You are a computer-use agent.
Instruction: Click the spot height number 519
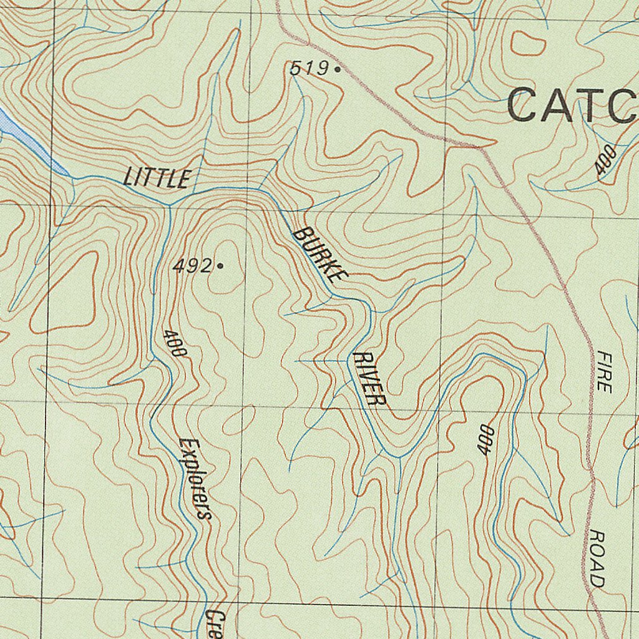click(x=308, y=68)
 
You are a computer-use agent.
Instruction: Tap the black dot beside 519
click(x=338, y=69)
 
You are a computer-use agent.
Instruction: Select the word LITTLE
click(x=157, y=178)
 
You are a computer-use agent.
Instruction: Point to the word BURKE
click(x=318, y=255)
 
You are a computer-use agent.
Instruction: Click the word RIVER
click(x=369, y=379)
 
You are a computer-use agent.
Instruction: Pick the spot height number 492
click(x=193, y=266)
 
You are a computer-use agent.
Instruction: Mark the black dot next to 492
click(x=220, y=266)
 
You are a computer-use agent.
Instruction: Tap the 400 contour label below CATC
click(x=605, y=159)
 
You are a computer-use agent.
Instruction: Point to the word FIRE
click(x=603, y=371)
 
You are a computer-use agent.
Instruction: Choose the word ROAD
click(x=597, y=559)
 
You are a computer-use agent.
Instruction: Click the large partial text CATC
click(x=572, y=105)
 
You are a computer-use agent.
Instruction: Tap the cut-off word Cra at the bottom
click(x=213, y=624)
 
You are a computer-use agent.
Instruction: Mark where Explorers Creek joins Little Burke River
click(x=169, y=205)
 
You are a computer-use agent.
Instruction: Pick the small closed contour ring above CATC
click(x=527, y=42)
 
